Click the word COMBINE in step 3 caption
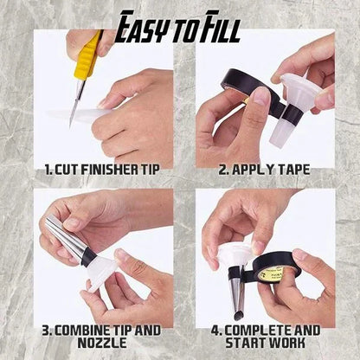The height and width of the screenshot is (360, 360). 87,331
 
